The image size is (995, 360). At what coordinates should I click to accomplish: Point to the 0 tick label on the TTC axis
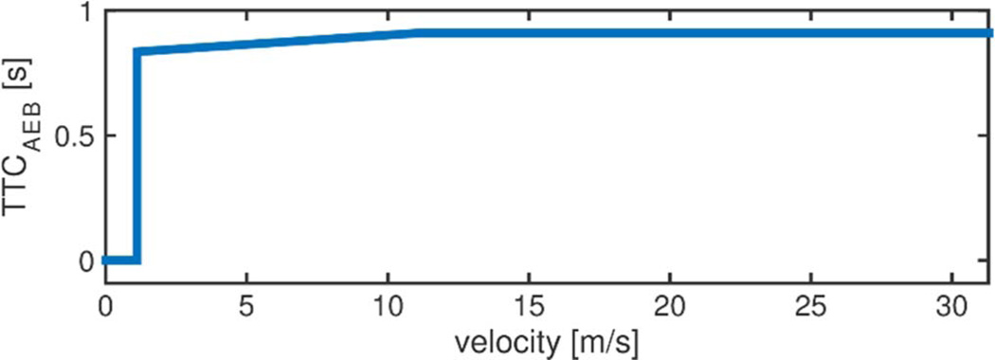(85, 261)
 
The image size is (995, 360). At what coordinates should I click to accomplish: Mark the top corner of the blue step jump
(137, 52)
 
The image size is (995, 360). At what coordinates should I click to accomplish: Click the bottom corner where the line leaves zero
(137, 260)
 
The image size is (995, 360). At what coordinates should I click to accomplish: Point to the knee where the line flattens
(418, 33)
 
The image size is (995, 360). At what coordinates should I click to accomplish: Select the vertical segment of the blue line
(137, 156)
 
